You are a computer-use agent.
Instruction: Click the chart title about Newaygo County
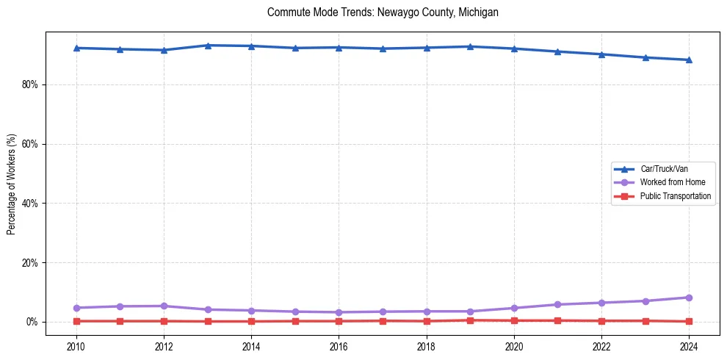point(383,12)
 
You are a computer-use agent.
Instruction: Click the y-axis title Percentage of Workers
point(12,184)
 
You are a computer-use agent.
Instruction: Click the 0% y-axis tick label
point(31,322)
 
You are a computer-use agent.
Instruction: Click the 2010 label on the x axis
point(76,345)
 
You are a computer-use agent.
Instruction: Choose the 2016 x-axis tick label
point(339,345)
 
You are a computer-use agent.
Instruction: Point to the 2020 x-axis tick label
point(514,345)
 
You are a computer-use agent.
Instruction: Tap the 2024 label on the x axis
point(689,345)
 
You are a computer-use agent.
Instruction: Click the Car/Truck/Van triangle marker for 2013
point(208,46)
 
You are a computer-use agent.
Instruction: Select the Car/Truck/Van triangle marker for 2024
point(689,60)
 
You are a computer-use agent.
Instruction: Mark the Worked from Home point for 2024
point(689,298)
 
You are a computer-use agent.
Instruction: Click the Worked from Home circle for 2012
point(164,306)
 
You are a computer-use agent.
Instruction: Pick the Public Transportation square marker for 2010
point(76,321)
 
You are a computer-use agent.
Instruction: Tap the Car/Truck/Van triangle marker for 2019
point(470,46)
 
